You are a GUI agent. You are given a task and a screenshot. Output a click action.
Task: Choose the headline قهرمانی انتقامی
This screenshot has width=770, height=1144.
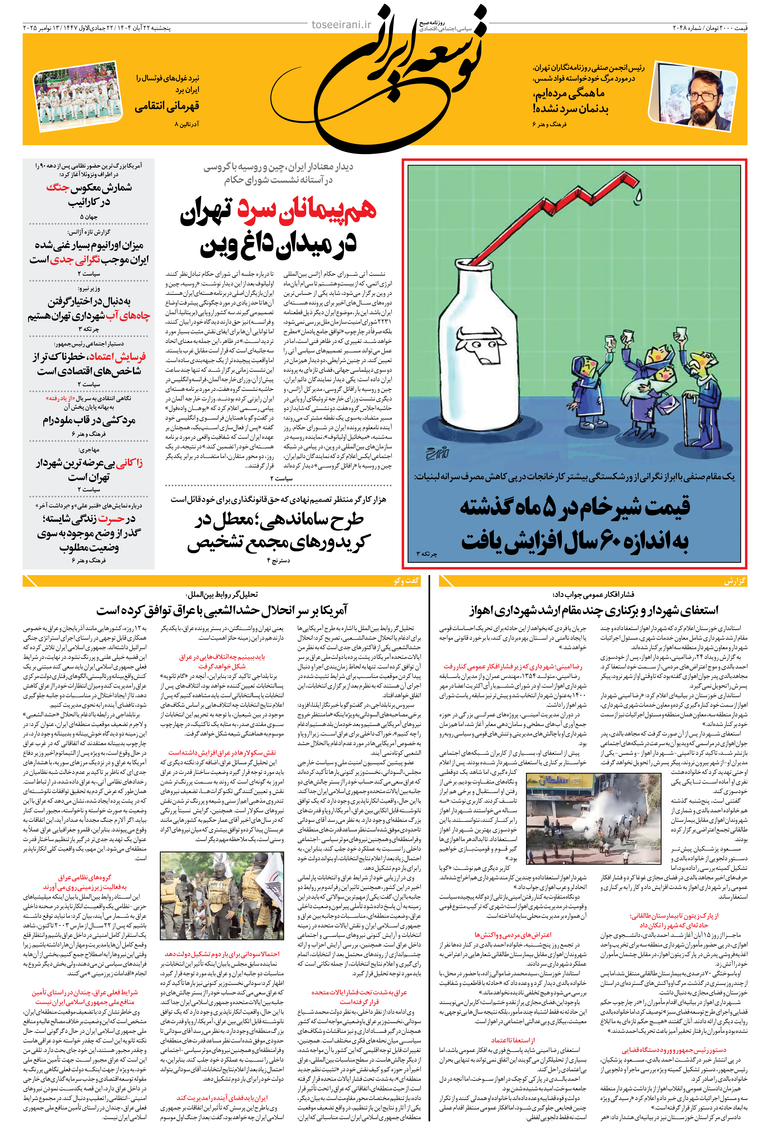(x=167, y=106)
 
